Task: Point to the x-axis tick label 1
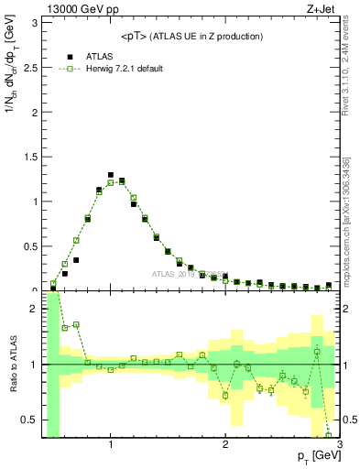coord(111,445)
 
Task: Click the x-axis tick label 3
coord(339,445)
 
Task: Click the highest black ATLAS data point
coord(111,175)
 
